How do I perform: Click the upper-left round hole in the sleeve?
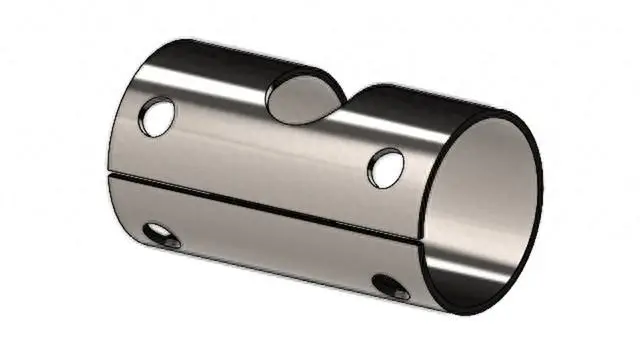pos(156,117)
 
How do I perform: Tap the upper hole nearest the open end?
pos(385,166)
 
